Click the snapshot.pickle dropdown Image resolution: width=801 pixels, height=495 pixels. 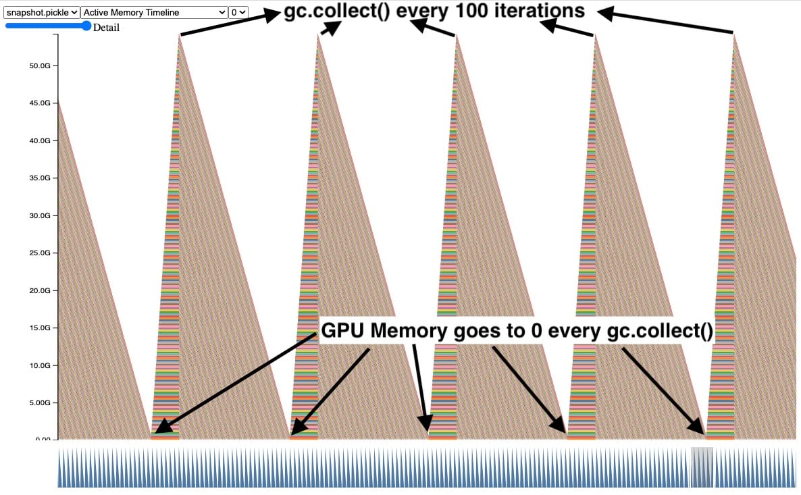tap(41, 12)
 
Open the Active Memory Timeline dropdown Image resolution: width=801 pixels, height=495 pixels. tap(155, 12)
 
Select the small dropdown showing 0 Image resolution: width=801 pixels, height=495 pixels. tap(239, 12)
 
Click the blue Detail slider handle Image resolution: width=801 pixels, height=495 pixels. tap(86, 26)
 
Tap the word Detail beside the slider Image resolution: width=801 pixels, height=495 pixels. tap(106, 28)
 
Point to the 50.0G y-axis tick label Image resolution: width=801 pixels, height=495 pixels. tap(40, 66)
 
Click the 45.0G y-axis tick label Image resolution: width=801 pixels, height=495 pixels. tap(40, 103)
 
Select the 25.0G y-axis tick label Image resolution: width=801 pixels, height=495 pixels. tap(40, 253)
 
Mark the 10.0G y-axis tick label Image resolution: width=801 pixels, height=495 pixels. tap(40, 365)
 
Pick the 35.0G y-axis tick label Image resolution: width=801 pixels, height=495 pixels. tap(40, 178)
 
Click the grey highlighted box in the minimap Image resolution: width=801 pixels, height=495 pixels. tap(702, 467)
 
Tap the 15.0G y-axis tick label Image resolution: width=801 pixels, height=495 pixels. tap(40, 328)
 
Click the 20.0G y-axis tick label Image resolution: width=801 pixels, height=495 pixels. tap(40, 290)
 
